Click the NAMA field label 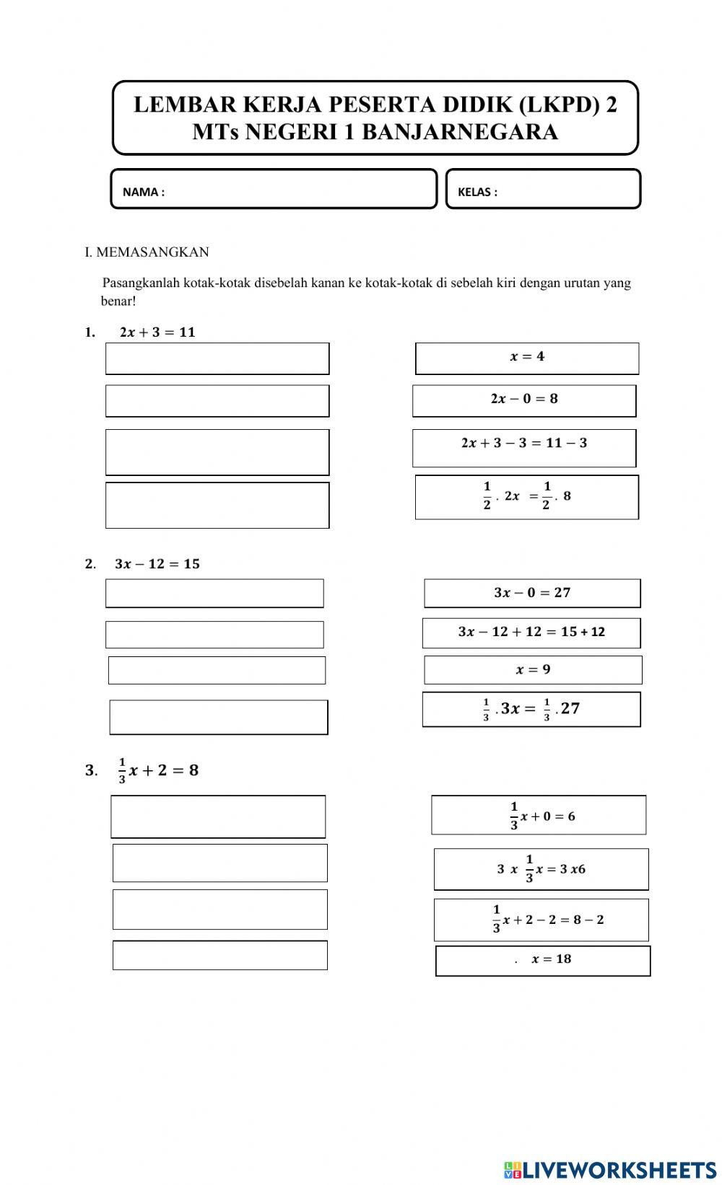(143, 192)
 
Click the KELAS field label (477, 192)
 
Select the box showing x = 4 (527, 358)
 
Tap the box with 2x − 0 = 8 (524, 400)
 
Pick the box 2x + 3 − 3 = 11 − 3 (524, 447)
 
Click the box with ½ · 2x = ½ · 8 (527, 497)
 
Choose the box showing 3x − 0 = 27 (532, 593)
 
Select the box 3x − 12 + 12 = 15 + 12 (531, 633)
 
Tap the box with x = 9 (533, 670)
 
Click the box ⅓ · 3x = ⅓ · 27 (531, 709)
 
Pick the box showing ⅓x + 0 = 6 (539, 815)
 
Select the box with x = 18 (543, 961)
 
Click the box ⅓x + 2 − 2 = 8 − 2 (541, 920)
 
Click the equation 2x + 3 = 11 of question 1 (157, 332)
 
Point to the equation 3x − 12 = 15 (157, 564)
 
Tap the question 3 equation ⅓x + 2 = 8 (158, 770)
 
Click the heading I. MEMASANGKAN (147, 252)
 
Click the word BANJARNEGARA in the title (459, 132)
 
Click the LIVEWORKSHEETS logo (611, 1169)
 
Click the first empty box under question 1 (217, 358)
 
